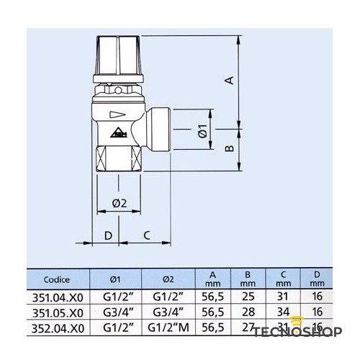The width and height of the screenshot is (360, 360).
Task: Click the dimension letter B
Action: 228,148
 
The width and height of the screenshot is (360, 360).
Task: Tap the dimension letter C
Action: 146,235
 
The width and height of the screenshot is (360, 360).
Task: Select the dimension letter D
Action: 108,235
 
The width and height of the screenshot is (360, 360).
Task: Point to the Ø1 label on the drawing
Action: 202,131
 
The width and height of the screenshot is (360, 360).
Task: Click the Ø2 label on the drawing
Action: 120,204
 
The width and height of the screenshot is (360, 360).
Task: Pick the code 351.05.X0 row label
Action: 57,312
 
